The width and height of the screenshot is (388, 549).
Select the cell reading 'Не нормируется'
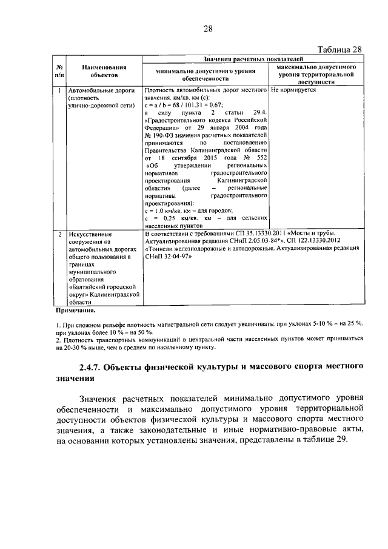pos(294,90)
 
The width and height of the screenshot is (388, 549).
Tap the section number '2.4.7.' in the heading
pos(90,368)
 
